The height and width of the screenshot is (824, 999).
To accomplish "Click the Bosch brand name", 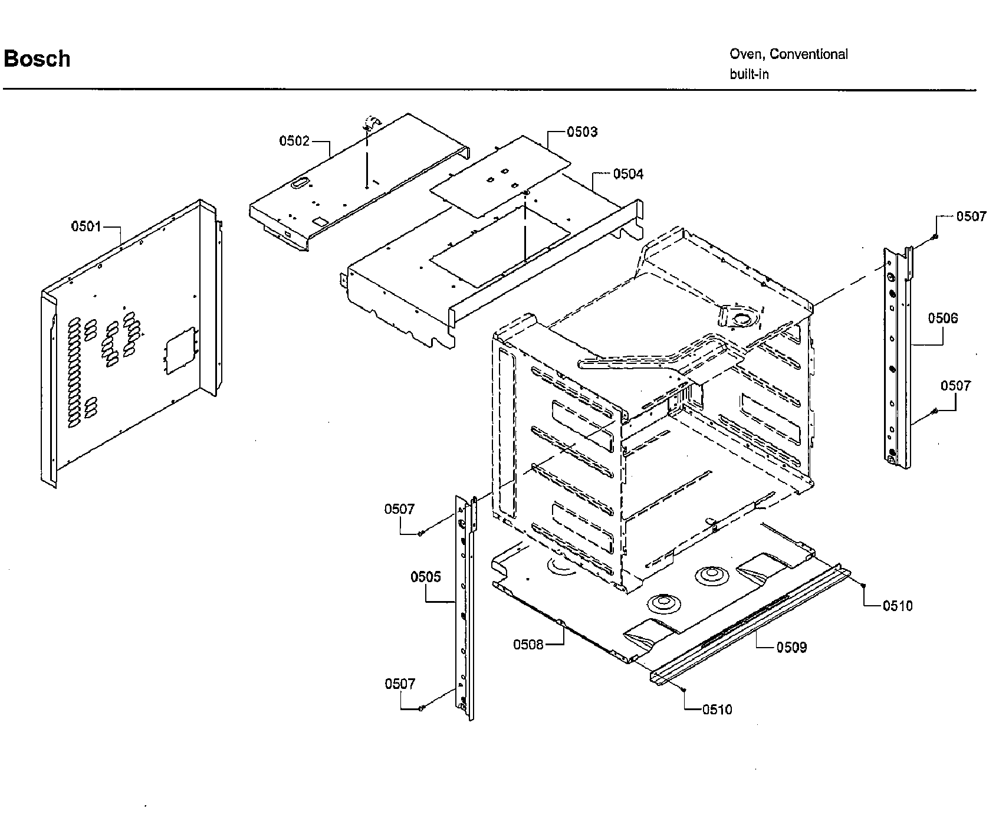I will coord(37,59).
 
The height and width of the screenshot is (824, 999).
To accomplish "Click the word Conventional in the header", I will coord(809,54).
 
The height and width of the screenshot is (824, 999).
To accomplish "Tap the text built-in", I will coord(749,74).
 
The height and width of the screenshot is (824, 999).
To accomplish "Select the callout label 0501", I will coord(86,226).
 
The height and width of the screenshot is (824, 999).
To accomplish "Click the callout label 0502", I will coord(294,141).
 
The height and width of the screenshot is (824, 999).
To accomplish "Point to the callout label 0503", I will coord(582,132).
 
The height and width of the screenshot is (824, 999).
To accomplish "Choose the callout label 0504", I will coord(628,174).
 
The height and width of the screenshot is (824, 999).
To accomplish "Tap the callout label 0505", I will coord(426,576).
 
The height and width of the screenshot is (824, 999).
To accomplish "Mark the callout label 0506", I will coord(943,319).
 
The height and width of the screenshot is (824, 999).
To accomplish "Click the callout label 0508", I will coord(528,645).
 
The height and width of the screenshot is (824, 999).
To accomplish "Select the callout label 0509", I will coord(791,648).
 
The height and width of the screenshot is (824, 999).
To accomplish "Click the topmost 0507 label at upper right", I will coord(971,216).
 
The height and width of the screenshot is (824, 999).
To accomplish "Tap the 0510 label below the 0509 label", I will coord(717,710).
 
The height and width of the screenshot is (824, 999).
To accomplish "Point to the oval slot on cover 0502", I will coord(300,183).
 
